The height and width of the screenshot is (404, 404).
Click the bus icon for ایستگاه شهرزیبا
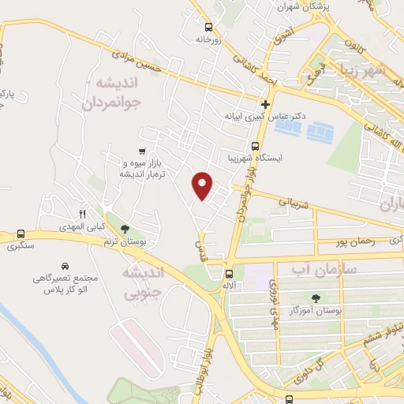pyautogui.click(x=254, y=146)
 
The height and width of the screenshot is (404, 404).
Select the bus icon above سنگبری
pyautogui.click(x=21, y=234)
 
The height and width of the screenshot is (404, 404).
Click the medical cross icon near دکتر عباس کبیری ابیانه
pyautogui.click(x=266, y=103)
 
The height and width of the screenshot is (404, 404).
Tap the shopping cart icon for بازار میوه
pyautogui.click(x=141, y=150)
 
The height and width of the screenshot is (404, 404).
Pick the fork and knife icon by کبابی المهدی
pyautogui.click(x=82, y=215)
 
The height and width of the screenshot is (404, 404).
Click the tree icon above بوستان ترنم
pyautogui.click(x=125, y=229)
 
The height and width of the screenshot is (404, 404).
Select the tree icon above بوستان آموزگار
pyautogui.click(x=316, y=297)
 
